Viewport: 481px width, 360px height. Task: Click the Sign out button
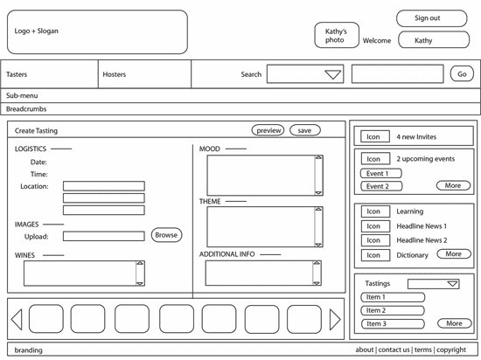432,18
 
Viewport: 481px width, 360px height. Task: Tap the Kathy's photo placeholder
337,35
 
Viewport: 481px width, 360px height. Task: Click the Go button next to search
462,74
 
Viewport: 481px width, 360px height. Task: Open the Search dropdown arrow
333,74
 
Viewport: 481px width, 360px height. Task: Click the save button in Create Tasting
305,130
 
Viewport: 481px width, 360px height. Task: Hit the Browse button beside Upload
166,235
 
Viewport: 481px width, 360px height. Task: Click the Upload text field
104,236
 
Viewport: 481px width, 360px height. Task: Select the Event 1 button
381,173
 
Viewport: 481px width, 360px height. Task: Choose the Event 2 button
381,186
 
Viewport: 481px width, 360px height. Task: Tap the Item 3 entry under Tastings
393,323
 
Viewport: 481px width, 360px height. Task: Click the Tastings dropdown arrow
452,284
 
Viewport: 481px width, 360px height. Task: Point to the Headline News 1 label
422,226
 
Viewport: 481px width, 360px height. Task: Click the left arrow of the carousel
17,320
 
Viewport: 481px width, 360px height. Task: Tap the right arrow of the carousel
335,320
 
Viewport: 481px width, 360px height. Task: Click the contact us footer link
394,350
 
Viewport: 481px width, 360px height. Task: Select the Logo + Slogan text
36,31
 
